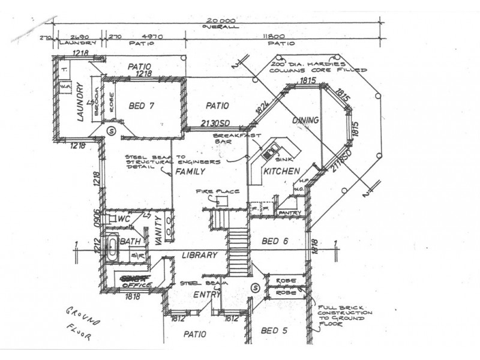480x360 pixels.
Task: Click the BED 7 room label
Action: tap(142, 106)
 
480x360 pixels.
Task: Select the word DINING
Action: tap(305, 121)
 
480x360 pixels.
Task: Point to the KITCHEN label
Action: tap(281, 172)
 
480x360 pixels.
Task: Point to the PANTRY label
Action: tap(290, 212)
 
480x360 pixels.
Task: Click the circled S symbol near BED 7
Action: tap(110, 130)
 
